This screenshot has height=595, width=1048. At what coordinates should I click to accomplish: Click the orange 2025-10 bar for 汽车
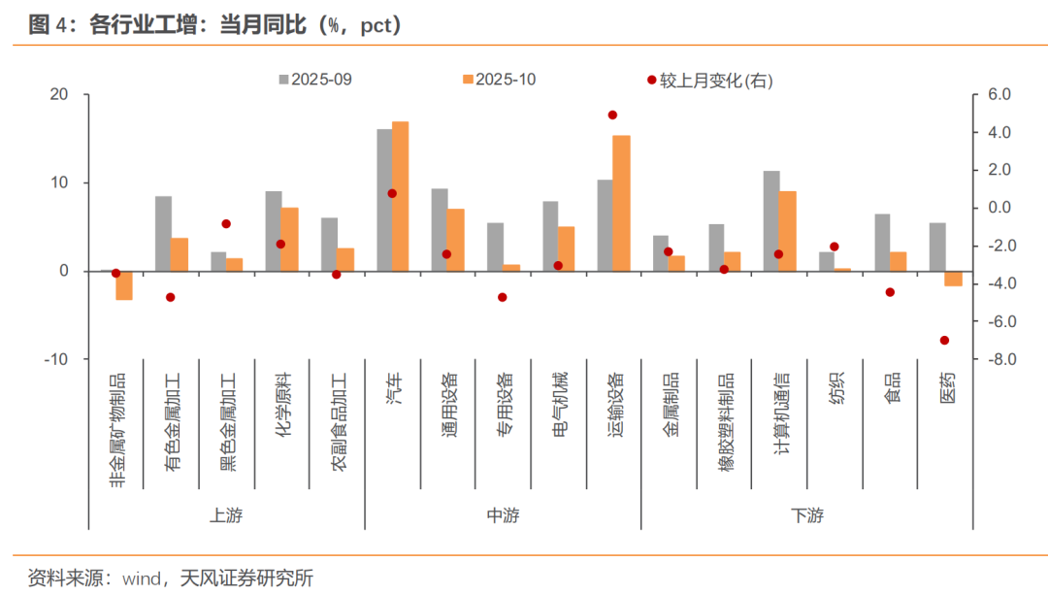(401, 196)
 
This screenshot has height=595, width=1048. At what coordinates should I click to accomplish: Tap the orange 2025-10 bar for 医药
(954, 279)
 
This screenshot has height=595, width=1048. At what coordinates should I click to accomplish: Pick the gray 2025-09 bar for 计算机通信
(771, 220)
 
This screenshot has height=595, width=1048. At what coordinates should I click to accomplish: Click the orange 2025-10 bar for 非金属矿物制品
(124, 285)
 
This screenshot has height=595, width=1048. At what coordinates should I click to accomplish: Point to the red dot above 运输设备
(612, 115)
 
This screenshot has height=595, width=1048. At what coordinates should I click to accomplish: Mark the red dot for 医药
(945, 340)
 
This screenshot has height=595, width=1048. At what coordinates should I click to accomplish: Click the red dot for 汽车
(392, 193)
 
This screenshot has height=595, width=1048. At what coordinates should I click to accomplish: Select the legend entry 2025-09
(315, 80)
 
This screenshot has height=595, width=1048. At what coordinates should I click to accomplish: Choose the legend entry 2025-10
(498, 80)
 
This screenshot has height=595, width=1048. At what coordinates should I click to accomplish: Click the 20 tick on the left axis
(60, 95)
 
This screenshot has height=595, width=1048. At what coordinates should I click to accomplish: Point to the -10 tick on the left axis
(55, 359)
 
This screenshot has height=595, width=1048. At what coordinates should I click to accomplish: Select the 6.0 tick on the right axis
(999, 95)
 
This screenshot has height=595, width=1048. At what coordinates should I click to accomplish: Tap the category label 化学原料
(282, 407)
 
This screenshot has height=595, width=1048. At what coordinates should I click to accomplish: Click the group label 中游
(503, 515)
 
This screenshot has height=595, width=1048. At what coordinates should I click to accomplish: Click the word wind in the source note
(142, 578)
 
